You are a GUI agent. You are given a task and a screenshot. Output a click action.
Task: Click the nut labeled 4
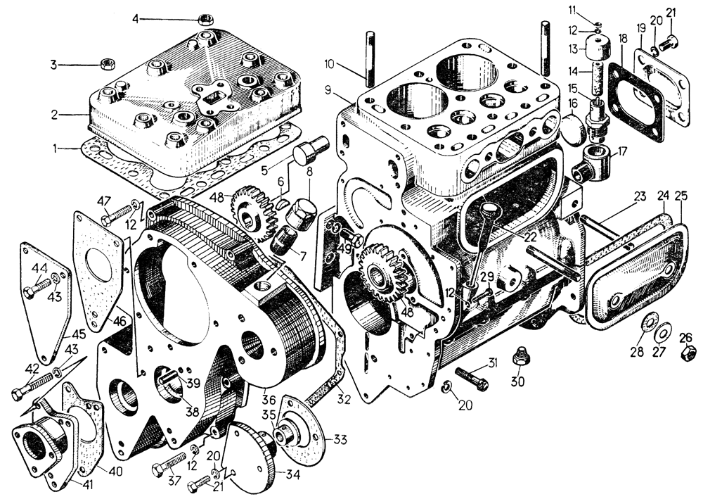tap(206, 20)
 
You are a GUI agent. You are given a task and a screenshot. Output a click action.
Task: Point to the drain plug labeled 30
tap(520, 357)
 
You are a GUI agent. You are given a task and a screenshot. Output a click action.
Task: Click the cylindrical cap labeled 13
tap(598, 50)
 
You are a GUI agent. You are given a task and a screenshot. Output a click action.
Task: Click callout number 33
tap(340, 441)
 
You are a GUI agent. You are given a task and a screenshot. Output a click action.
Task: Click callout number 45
tap(79, 334)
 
